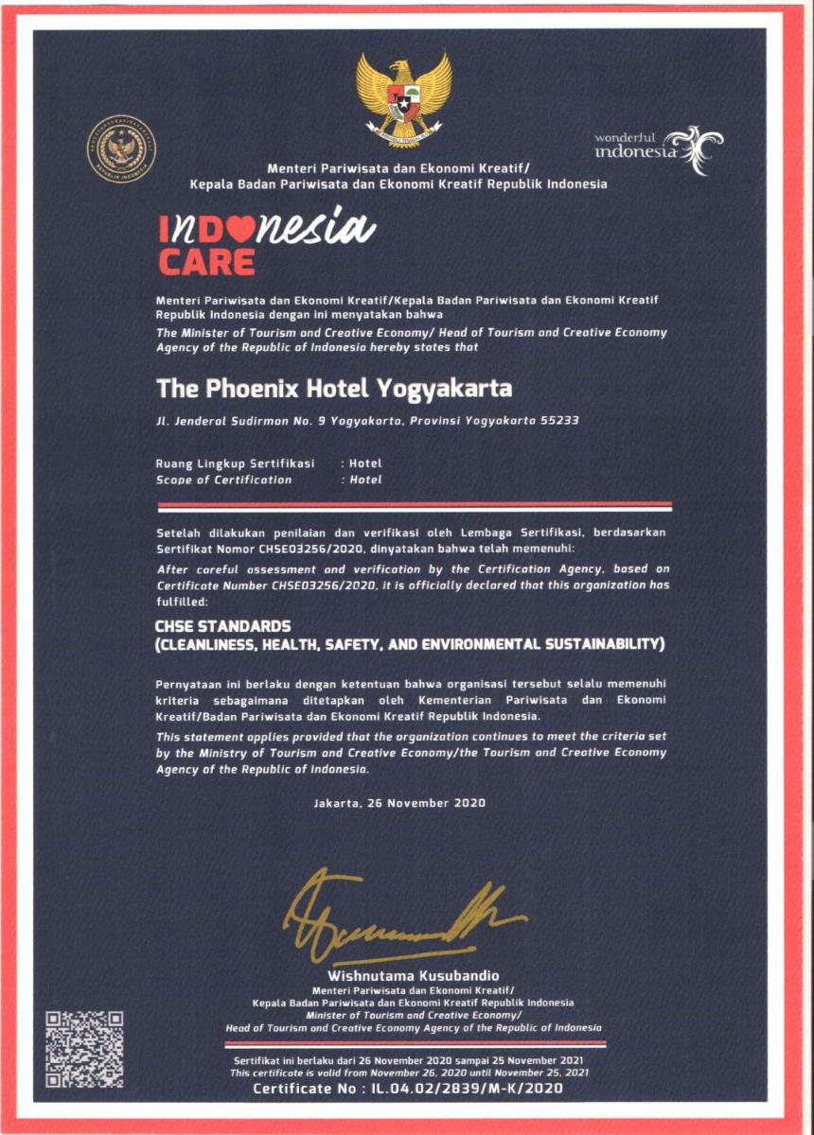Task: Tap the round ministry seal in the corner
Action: click(122, 148)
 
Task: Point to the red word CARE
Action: click(206, 261)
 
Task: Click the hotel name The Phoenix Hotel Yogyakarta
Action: click(334, 389)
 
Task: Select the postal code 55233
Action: click(559, 420)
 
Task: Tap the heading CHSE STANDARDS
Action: click(223, 626)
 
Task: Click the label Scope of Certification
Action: click(223, 480)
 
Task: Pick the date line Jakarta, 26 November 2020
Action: click(398, 803)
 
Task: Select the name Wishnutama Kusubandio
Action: click(413, 975)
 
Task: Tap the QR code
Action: click(85, 1049)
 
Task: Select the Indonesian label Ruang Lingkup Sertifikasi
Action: click(235, 463)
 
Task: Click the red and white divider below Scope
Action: click(413, 506)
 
